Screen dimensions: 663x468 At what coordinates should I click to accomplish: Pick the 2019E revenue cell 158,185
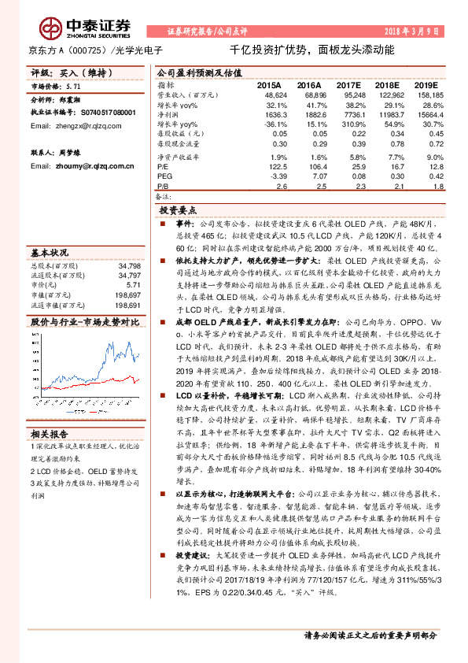tap(429, 94)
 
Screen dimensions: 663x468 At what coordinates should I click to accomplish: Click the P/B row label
tap(163, 185)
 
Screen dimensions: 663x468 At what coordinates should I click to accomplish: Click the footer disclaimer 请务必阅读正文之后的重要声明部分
tap(370, 635)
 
